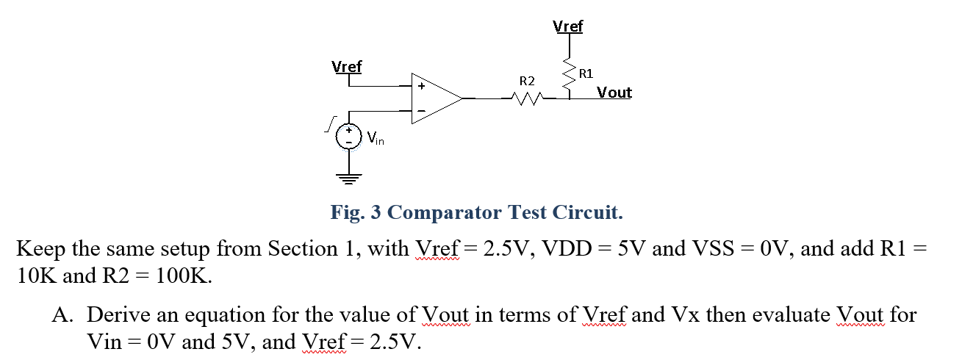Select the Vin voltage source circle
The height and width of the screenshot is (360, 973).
(x=349, y=135)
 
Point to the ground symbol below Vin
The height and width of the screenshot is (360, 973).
(x=349, y=176)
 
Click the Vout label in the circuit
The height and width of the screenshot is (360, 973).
(x=614, y=93)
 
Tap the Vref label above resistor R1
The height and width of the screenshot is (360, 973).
(x=567, y=26)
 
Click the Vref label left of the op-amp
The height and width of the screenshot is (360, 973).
(x=347, y=66)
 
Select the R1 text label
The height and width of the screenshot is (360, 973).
(x=586, y=73)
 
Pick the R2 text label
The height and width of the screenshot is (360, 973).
(x=527, y=79)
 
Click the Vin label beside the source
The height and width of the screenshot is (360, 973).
(x=375, y=137)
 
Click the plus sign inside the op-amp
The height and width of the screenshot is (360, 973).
(x=421, y=86)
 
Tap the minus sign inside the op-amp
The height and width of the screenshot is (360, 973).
(x=421, y=111)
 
